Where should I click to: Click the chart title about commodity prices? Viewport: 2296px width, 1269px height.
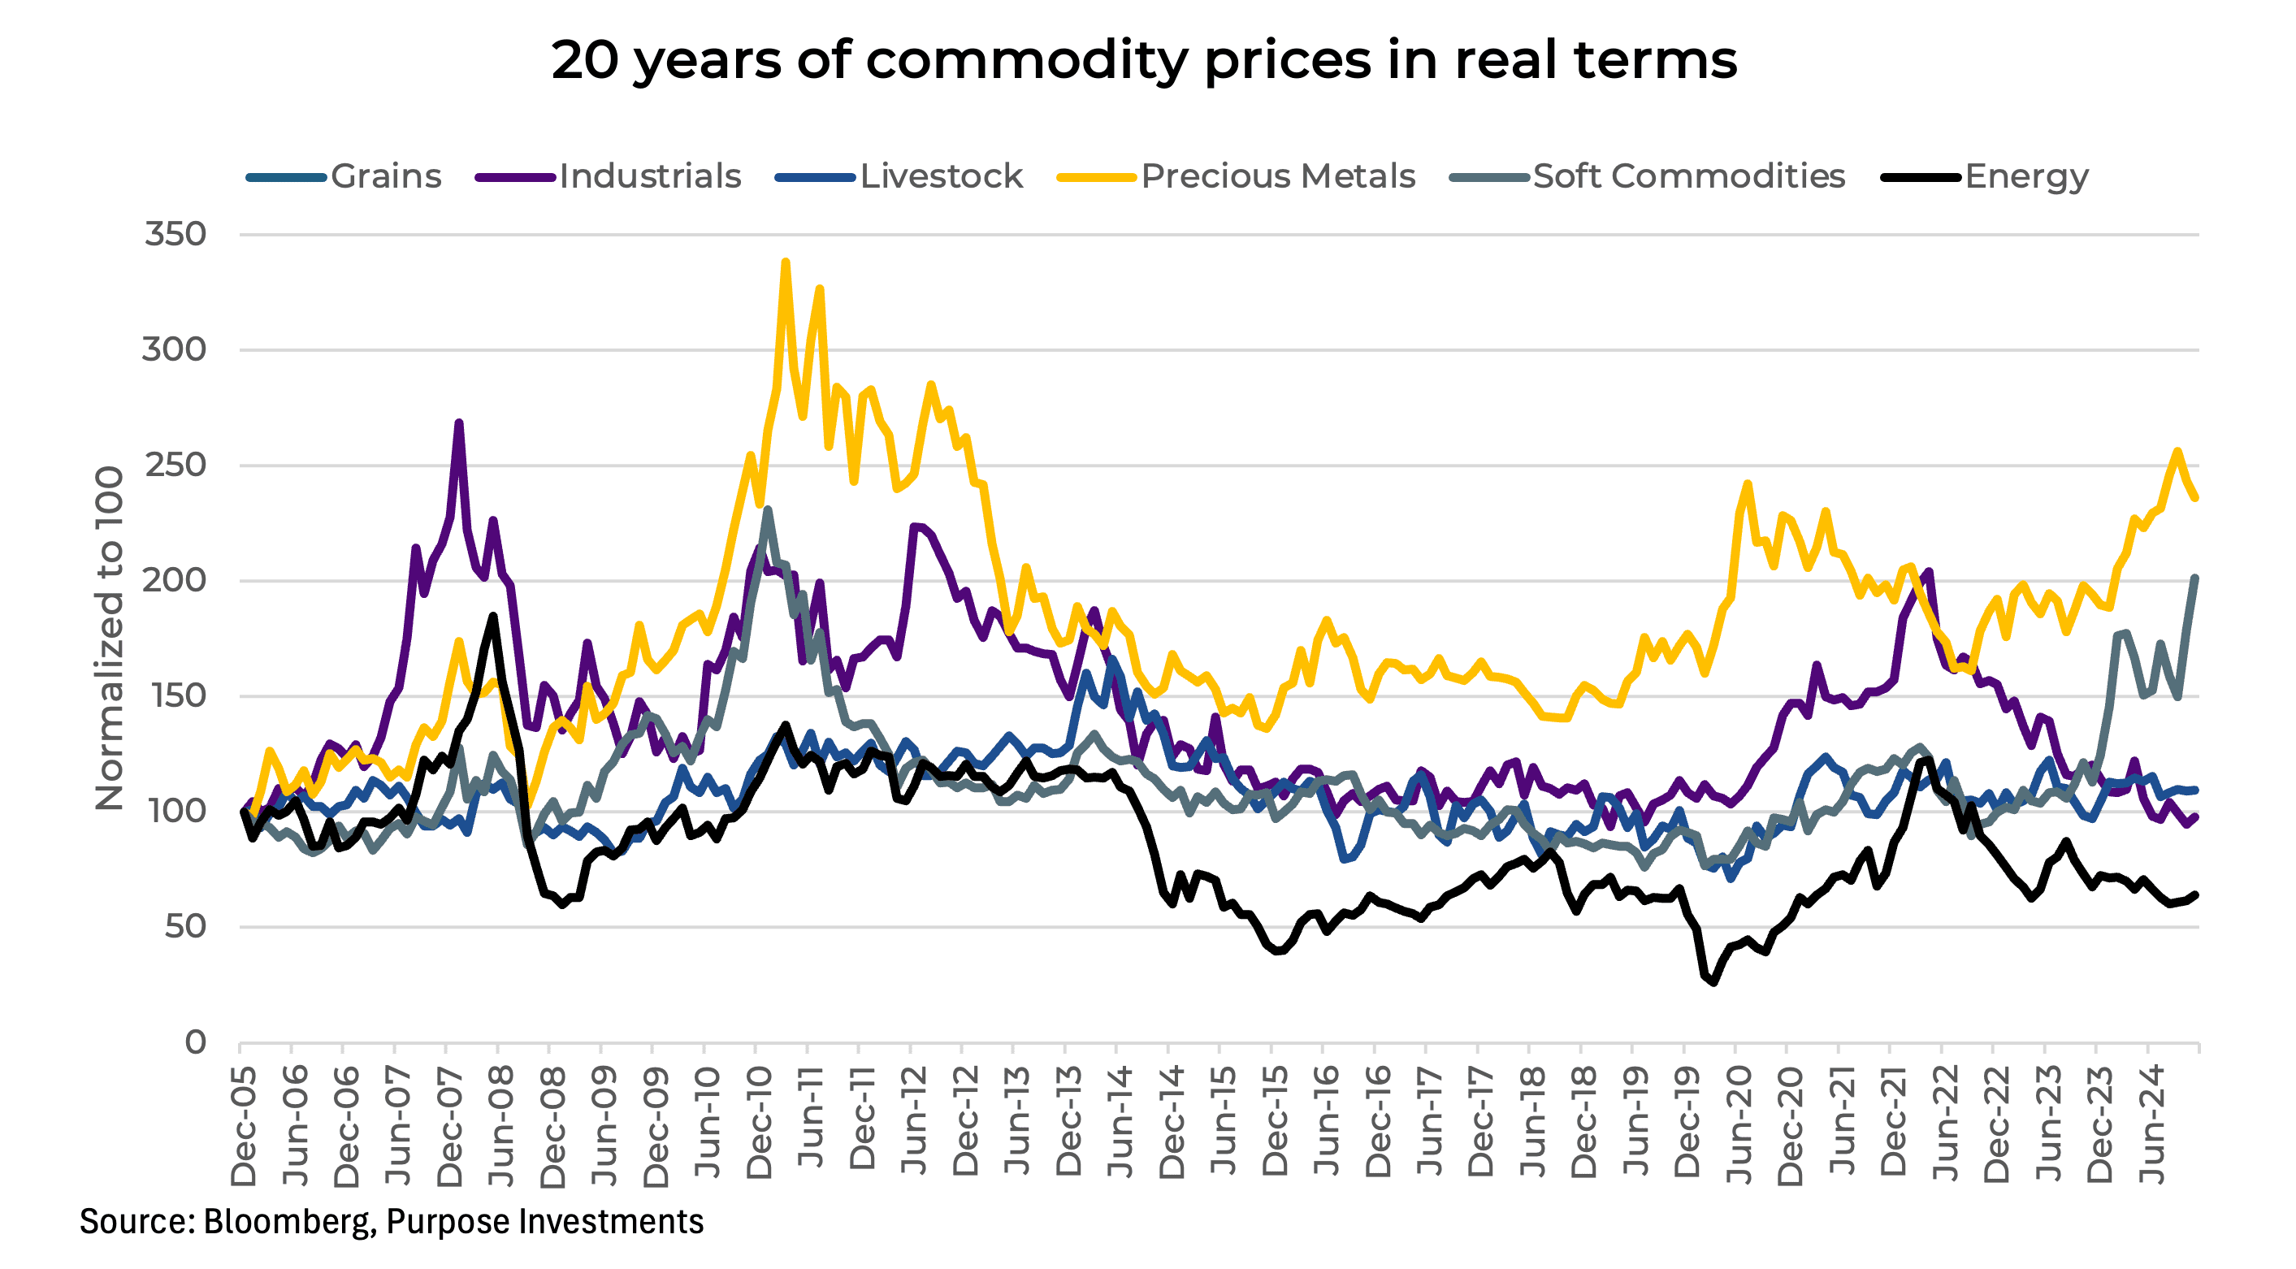(1144, 61)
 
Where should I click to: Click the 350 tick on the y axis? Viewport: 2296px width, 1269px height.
(175, 234)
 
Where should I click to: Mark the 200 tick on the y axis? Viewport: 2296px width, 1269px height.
(175, 580)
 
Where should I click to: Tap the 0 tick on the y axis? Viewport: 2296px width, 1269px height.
(195, 1042)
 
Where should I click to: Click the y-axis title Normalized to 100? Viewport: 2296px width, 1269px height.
(109, 638)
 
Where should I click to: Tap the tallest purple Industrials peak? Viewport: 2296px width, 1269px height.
(459, 423)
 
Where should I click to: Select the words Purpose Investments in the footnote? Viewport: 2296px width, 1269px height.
(544, 1221)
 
